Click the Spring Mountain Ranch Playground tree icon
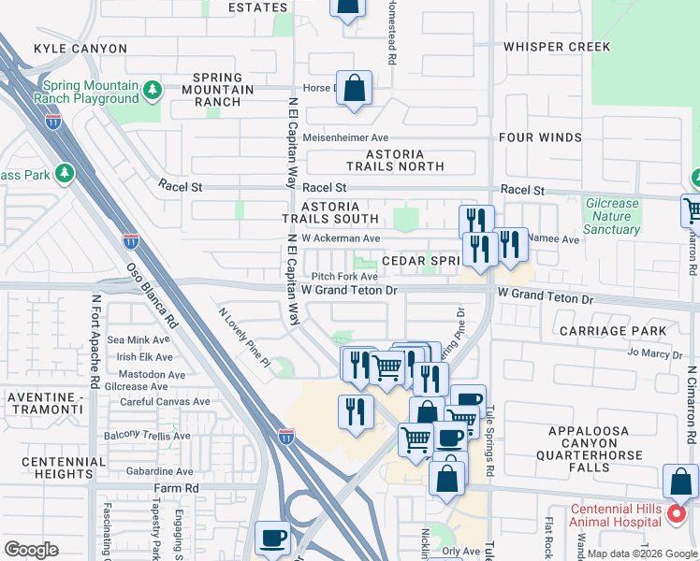pyautogui.click(x=152, y=91)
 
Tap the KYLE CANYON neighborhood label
pyautogui.click(x=80, y=48)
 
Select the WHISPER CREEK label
pyautogui.click(x=556, y=47)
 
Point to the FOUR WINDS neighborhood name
pyautogui.click(x=540, y=137)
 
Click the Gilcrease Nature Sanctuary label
pyautogui.click(x=612, y=216)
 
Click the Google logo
pyautogui.click(x=31, y=550)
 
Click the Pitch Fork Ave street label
pyautogui.click(x=344, y=277)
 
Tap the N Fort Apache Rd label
pyautogui.click(x=95, y=342)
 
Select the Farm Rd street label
pyautogui.click(x=177, y=489)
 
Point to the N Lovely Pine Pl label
pyautogui.click(x=243, y=338)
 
